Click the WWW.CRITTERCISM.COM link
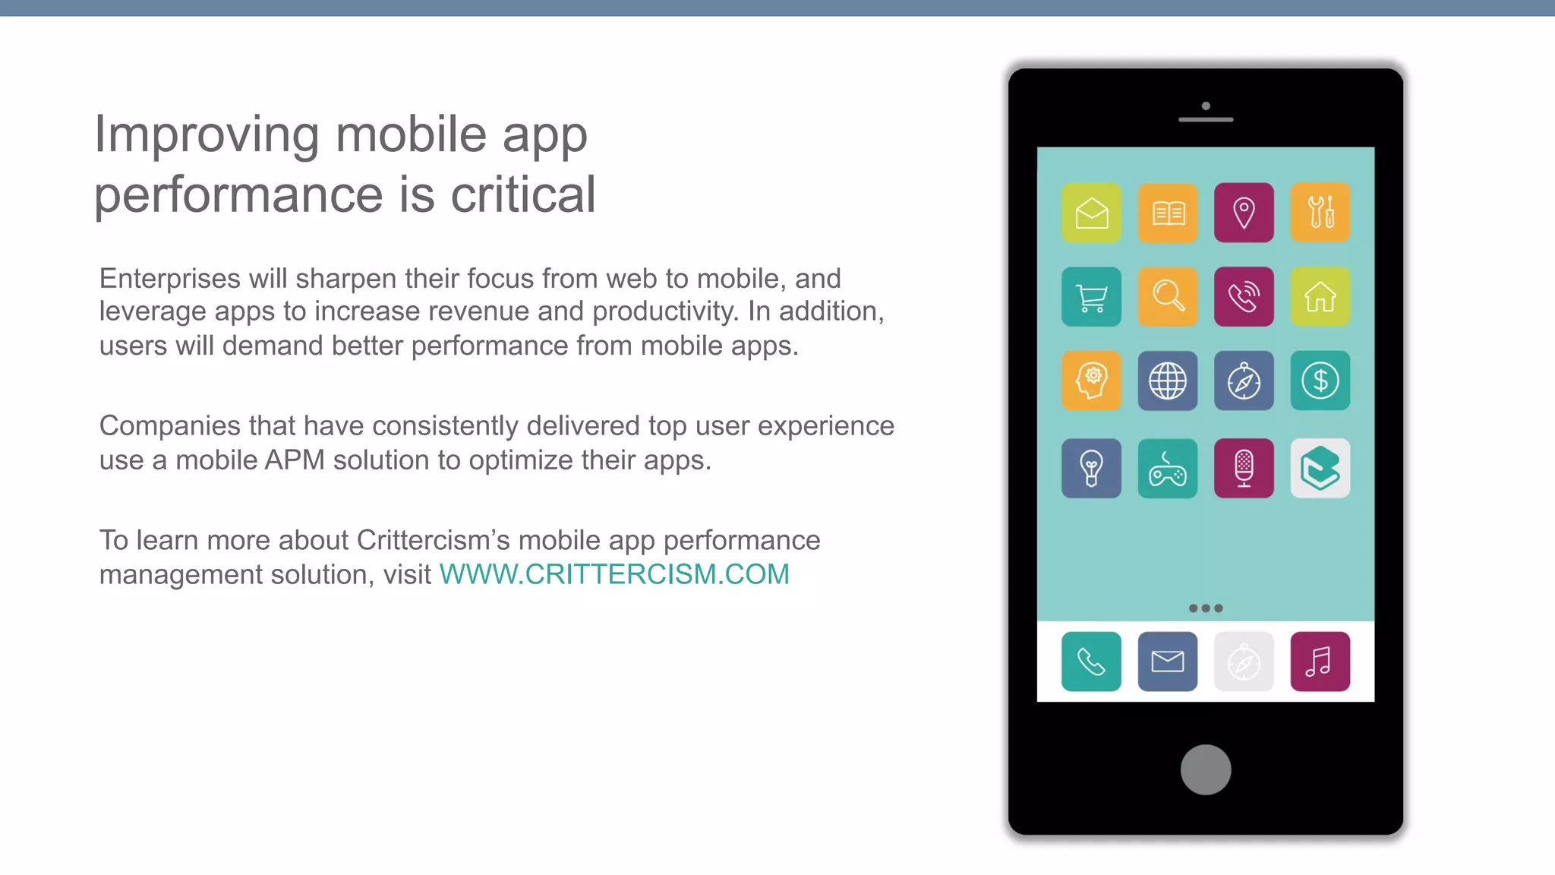click(x=614, y=574)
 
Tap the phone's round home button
click(x=1206, y=769)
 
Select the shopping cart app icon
click(x=1091, y=297)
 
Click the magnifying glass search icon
click(x=1168, y=297)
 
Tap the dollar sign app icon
click(x=1320, y=381)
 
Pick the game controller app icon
click(x=1168, y=469)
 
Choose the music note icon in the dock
click(x=1320, y=662)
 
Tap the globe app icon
click(x=1168, y=381)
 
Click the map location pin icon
click(x=1244, y=213)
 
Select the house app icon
click(x=1320, y=297)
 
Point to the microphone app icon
click(x=1244, y=469)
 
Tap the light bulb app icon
click(x=1091, y=469)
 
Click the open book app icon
click(x=1168, y=213)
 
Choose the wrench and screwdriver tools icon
click(x=1320, y=213)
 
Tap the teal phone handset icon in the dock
click(x=1091, y=662)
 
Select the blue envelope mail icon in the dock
click(x=1168, y=662)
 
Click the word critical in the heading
click(x=523, y=194)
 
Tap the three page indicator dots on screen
click(x=1206, y=608)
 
